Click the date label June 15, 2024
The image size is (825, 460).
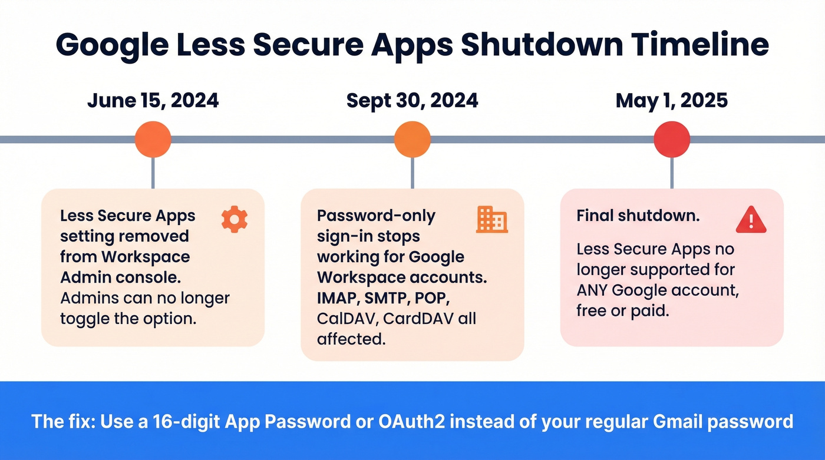click(153, 100)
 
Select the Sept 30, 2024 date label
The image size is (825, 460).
click(412, 100)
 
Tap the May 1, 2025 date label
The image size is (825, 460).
click(671, 100)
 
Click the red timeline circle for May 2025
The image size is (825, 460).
click(672, 140)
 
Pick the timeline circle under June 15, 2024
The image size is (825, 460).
click(153, 140)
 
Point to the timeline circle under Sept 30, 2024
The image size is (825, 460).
click(412, 140)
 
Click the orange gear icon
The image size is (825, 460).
click(234, 219)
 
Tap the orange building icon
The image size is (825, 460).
click(491, 219)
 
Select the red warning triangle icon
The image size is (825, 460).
click(751, 220)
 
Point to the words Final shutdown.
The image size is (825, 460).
click(638, 216)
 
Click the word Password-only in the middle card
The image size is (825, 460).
click(375, 216)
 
